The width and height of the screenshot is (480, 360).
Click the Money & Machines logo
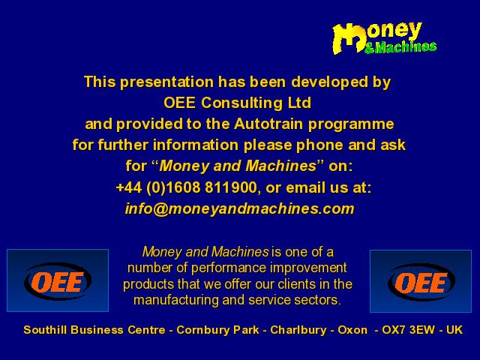(385, 38)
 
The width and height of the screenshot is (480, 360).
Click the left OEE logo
(58, 280)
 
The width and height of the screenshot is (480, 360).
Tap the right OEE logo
(421, 281)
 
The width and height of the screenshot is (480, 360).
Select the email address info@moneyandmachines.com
(240, 208)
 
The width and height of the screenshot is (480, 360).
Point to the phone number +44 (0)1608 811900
(187, 187)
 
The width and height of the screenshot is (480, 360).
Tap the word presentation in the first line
(166, 82)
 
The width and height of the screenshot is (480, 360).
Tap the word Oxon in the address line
(352, 330)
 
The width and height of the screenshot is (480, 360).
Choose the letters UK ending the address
(454, 330)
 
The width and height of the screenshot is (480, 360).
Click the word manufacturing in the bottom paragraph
(176, 300)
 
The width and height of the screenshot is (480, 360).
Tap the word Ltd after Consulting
(299, 103)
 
